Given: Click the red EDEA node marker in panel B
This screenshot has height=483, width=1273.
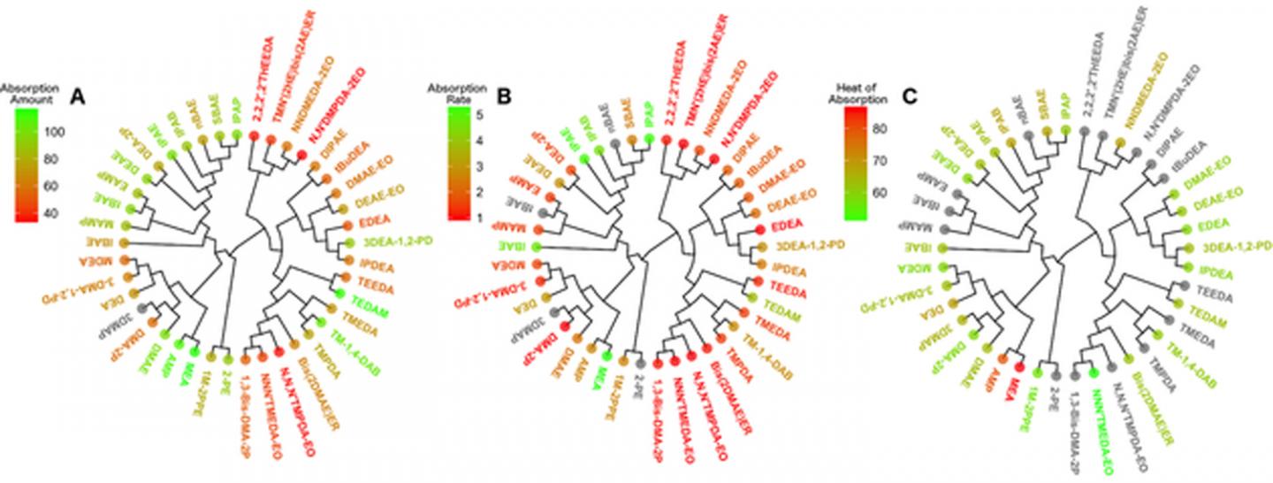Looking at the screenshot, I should coord(760,228).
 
